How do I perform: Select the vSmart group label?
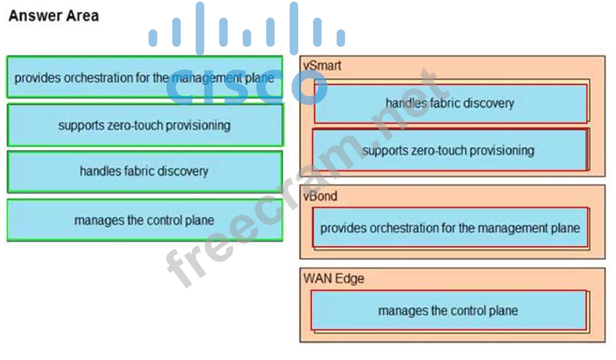coord(322,65)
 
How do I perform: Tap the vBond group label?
coord(320,195)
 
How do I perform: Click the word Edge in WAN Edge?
coord(350,278)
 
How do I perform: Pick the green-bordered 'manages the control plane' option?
coord(144,220)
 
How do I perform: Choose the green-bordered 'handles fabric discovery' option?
coord(144,171)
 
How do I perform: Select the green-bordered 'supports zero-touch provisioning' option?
coord(144,125)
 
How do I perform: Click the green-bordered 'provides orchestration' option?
coord(144,77)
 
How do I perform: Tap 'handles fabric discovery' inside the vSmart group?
coord(450,103)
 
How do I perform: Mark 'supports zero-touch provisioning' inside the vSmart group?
coord(449,150)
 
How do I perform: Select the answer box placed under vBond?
coord(450,228)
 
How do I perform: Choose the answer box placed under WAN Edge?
coord(448,310)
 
